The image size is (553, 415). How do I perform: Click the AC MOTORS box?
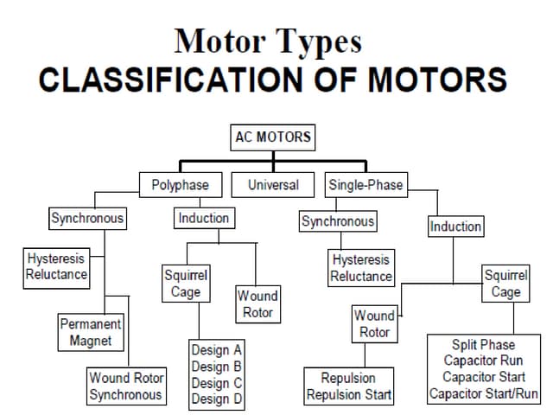[272, 137]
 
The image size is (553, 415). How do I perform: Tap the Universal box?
[273, 184]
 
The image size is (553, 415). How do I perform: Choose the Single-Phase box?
[365, 184]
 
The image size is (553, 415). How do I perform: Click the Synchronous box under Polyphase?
[86, 218]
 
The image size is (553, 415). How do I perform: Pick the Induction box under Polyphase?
[204, 218]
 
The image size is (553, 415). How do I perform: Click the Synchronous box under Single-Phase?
[338, 221]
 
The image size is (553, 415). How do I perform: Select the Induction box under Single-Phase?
[455, 227]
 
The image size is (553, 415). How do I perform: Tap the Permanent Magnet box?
[91, 332]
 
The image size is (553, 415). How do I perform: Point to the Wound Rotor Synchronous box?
[125, 386]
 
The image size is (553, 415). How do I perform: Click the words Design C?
[216, 383]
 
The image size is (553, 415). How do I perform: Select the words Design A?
[216, 350]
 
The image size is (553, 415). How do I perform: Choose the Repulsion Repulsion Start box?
[348, 386]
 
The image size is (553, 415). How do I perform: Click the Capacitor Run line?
[483, 361]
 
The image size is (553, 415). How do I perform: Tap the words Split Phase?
[483, 344]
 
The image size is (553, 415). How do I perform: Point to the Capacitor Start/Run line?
[483, 393]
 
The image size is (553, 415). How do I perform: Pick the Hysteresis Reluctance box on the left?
[57, 266]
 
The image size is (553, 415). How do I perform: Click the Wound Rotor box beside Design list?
[257, 304]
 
